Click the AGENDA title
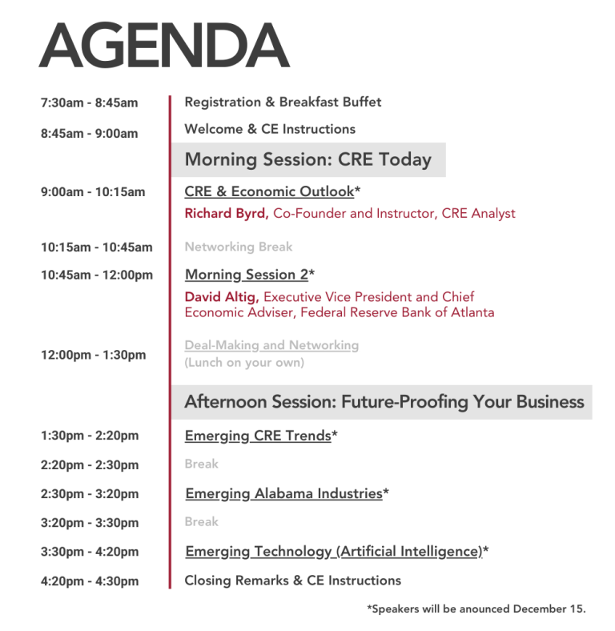point(164,45)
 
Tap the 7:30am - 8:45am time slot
point(90,102)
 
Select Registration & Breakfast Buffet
point(283,102)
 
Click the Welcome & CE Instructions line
point(270,129)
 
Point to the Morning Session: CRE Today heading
point(308,159)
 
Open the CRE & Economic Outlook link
point(269,191)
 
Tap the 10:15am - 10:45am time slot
point(97,247)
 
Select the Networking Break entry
point(239,247)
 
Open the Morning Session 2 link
point(247,275)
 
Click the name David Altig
point(222,297)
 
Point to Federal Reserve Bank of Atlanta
point(397,312)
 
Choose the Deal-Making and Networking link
point(271,345)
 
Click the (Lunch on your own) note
point(244,363)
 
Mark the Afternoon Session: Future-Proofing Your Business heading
point(384,402)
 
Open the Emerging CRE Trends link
point(258,436)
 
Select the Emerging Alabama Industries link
point(283,493)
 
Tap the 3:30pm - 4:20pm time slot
point(90,552)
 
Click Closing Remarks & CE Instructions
point(292,581)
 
